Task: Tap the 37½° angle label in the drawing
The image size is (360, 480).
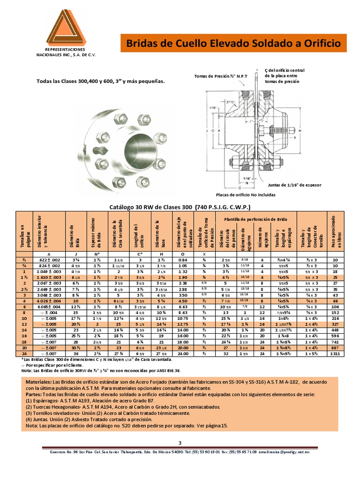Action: (x=230, y=101)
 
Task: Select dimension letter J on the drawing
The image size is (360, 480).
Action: (x=207, y=130)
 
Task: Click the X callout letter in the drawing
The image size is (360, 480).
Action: (x=295, y=138)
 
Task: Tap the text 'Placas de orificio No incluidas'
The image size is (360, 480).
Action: (x=246, y=195)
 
